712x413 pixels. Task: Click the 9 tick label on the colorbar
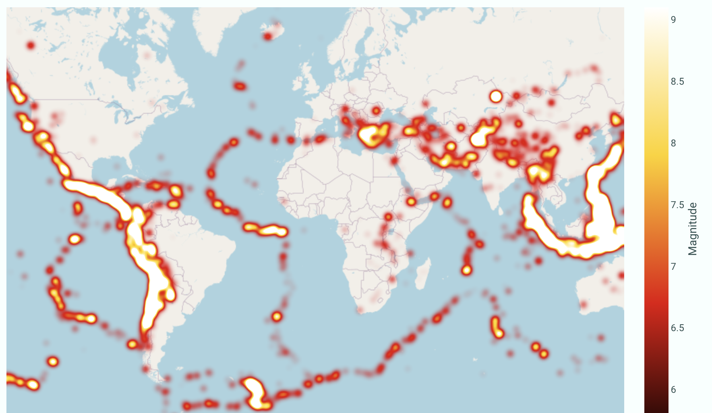click(x=673, y=19)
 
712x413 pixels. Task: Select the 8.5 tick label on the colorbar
click(x=677, y=81)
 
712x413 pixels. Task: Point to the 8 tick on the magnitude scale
click(x=673, y=143)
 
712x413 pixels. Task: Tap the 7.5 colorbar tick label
click(x=677, y=205)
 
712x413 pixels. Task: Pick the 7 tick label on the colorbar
click(x=673, y=267)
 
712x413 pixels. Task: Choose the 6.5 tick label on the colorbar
click(x=677, y=328)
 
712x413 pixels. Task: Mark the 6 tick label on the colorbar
click(x=673, y=390)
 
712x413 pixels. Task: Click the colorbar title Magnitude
click(x=692, y=229)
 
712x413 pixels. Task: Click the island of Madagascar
click(x=422, y=274)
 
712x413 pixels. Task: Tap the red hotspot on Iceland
click(x=268, y=37)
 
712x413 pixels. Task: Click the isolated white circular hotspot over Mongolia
click(x=496, y=96)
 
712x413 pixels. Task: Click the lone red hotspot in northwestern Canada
click(x=31, y=45)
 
